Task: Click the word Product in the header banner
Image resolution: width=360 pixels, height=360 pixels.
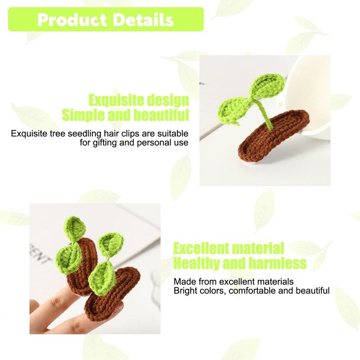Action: click(x=72, y=20)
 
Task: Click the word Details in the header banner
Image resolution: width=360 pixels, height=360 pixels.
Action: click(x=143, y=20)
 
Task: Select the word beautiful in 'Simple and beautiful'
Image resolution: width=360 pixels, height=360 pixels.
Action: click(x=162, y=115)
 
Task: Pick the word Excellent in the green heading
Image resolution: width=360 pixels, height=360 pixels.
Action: click(x=201, y=248)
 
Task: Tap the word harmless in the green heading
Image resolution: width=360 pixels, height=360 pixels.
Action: click(x=278, y=263)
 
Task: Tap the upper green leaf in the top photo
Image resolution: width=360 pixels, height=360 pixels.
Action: click(x=267, y=86)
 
